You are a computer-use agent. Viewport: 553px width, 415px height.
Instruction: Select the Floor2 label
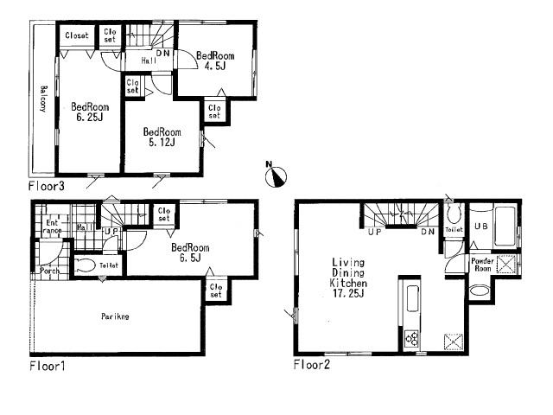click(312, 364)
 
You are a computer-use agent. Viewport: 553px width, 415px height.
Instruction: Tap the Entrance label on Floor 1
click(53, 227)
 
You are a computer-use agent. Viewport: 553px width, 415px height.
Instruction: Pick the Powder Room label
click(481, 265)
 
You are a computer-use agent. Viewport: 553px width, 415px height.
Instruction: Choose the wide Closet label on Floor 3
click(77, 35)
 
